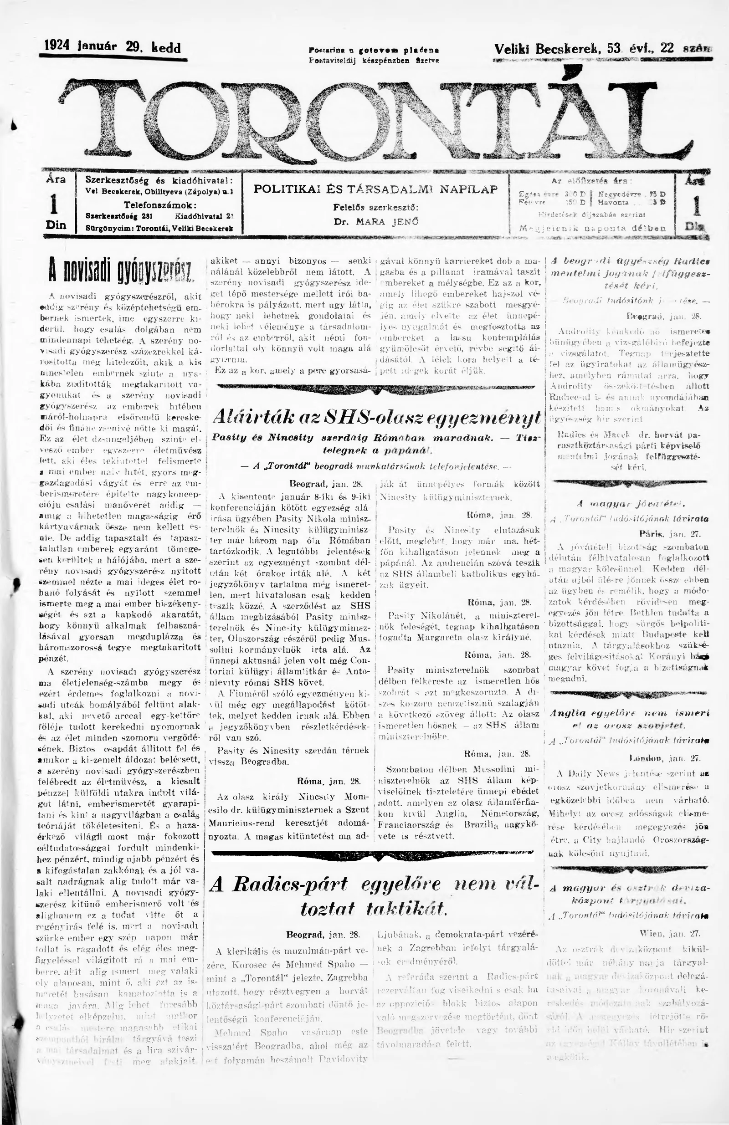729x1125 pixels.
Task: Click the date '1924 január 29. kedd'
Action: click(112, 47)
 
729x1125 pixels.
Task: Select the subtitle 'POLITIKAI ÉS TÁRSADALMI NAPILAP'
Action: click(375, 189)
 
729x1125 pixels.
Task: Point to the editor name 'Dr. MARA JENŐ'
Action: click(376, 221)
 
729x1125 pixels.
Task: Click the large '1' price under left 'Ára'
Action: click(55, 204)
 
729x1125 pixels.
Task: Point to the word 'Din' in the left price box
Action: click(56, 225)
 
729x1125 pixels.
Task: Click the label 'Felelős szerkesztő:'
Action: click(376, 207)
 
